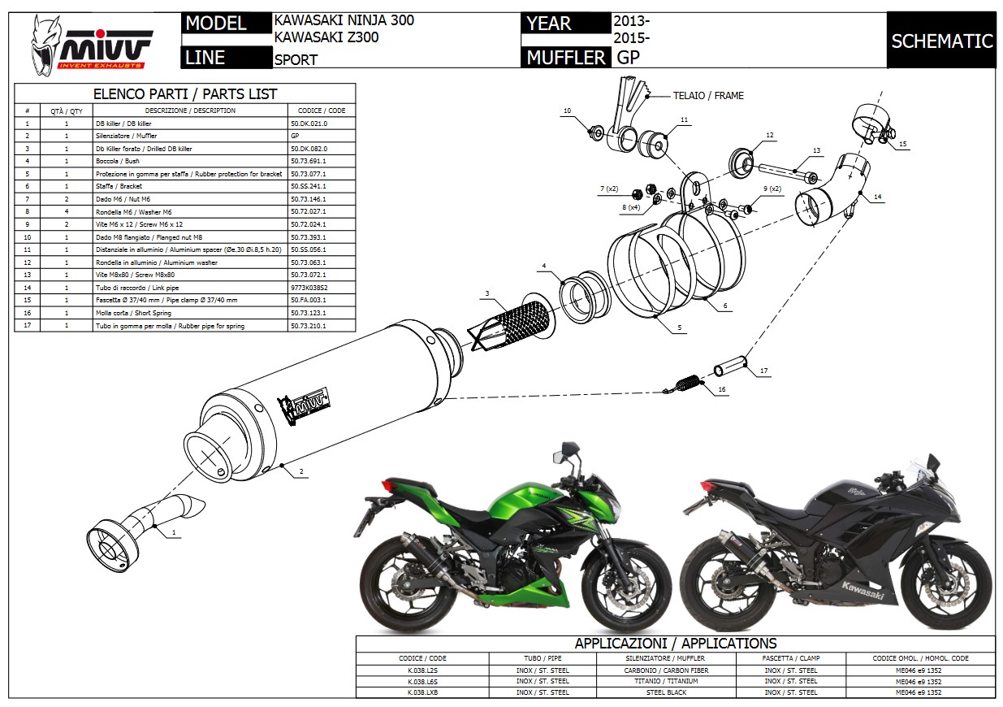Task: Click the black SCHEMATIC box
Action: pyautogui.click(x=941, y=41)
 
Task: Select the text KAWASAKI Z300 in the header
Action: pyautogui.click(x=326, y=37)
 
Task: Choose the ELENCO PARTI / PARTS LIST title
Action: pyautogui.click(x=185, y=93)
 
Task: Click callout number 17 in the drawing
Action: pyautogui.click(x=763, y=371)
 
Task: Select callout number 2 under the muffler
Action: pyautogui.click(x=301, y=471)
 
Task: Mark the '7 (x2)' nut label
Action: pyautogui.click(x=608, y=189)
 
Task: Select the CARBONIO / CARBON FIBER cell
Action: pyautogui.click(x=666, y=670)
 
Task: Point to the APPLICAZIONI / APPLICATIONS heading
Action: pyautogui.click(x=675, y=644)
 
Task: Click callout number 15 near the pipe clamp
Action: pyautogui.click(x=902, y=144)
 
